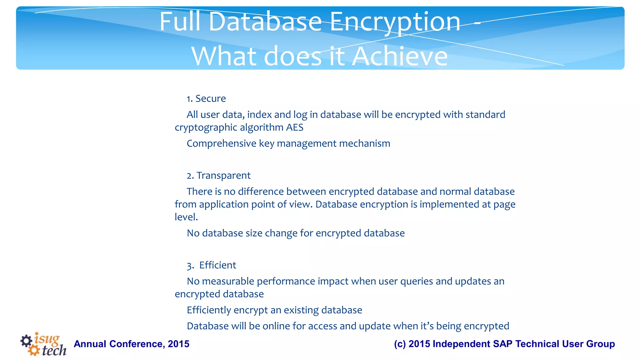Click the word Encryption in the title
(x=395, y=22)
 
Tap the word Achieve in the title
(x=400, y=57)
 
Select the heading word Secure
(x=211, y=98)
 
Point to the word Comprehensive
(x=222, y=143)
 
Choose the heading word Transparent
(x=223, y=176)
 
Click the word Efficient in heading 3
(x=217, y=265)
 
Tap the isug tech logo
(x=43, y=344)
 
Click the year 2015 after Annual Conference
(x=178, y=344)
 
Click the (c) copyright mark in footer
(x=400, y=344)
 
